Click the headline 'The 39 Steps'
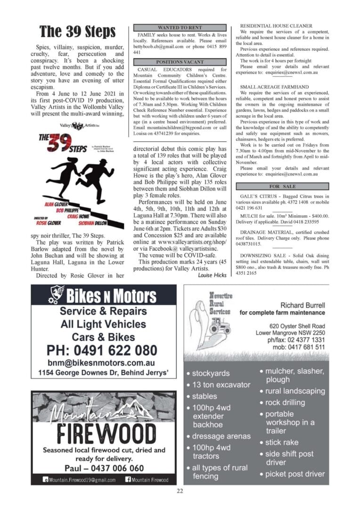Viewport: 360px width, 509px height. click(x=77, y=32)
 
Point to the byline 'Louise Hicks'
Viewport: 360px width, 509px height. click(x=213, y=275)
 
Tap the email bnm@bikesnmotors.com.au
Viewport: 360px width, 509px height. click(x=101, y=363)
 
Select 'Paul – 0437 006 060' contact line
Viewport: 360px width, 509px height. click(x=104, y=468)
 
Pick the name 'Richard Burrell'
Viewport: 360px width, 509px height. click(x=302, y=304)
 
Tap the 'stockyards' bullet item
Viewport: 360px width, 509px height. click(x=210, y=373)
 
